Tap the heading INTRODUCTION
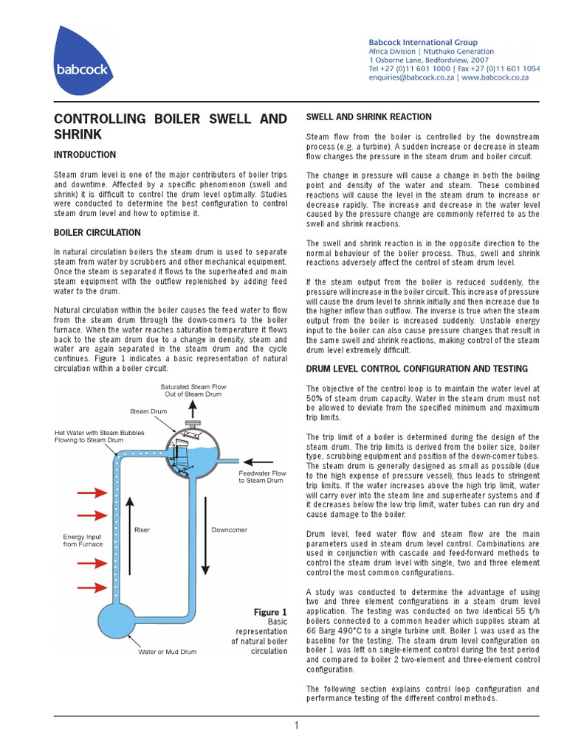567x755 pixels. pyautogui.click(x=85, y=155)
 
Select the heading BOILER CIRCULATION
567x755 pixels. pyautogui.click(x=97, y=232)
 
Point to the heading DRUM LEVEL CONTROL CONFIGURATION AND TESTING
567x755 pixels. pyautogui.click(x=417, y=369)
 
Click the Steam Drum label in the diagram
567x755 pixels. pyautogui.click(x=148, y=411)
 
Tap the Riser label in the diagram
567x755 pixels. pyautogui.click(x=142, y=529)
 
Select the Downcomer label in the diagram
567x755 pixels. pyautogui.click(x=230, y=529)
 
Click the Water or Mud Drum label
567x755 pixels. pyautogui.click(x=167, y=652)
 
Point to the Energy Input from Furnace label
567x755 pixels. pyautogui.click(x=82, y=540)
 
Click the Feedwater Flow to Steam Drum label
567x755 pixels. pyautogui.click(x=261, y=476)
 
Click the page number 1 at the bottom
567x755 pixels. pyautogui.click(x=296, y=726)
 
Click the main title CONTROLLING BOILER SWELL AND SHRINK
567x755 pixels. pyautogui.click(x=171, y=126)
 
